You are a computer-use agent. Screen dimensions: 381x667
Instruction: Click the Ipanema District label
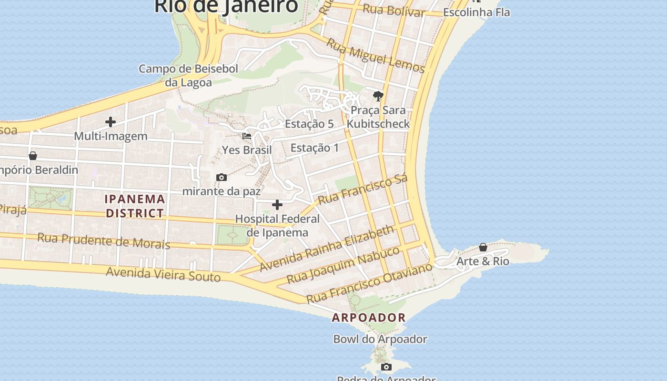[135, 206]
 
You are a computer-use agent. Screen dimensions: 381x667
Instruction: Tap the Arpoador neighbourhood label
[369, 317]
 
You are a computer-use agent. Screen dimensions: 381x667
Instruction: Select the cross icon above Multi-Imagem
[111, 122]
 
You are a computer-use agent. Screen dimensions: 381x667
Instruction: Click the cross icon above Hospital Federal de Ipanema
[277, 205]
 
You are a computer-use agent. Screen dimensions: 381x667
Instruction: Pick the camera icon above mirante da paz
[222, 178]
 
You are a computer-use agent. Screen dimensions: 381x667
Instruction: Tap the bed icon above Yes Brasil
[247, 136]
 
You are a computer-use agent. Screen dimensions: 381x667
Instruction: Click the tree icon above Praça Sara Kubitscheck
[378, 96]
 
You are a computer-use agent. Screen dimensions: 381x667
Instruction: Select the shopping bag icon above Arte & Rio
[483, 247]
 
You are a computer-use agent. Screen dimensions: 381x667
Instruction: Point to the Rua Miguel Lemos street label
[375, 56]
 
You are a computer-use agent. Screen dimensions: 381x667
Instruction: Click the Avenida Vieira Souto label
[163, 274]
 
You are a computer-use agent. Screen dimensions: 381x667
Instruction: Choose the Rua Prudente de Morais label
[104, 241]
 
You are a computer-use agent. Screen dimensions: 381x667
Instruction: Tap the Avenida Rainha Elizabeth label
[327, 248]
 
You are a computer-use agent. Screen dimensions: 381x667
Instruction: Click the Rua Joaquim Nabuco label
[343, 265]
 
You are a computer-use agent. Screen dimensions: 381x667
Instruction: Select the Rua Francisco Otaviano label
[369, 283]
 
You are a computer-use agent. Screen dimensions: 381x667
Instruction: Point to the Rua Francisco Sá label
[363, 189]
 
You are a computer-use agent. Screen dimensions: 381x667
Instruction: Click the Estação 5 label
[309, 124]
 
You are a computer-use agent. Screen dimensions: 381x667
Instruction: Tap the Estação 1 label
[315, 148]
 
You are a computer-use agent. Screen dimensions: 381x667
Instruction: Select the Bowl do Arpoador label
[380, 339]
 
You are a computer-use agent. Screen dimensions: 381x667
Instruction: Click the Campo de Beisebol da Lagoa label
[188, 75]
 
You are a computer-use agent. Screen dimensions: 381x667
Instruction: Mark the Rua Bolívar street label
[394, 10]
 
